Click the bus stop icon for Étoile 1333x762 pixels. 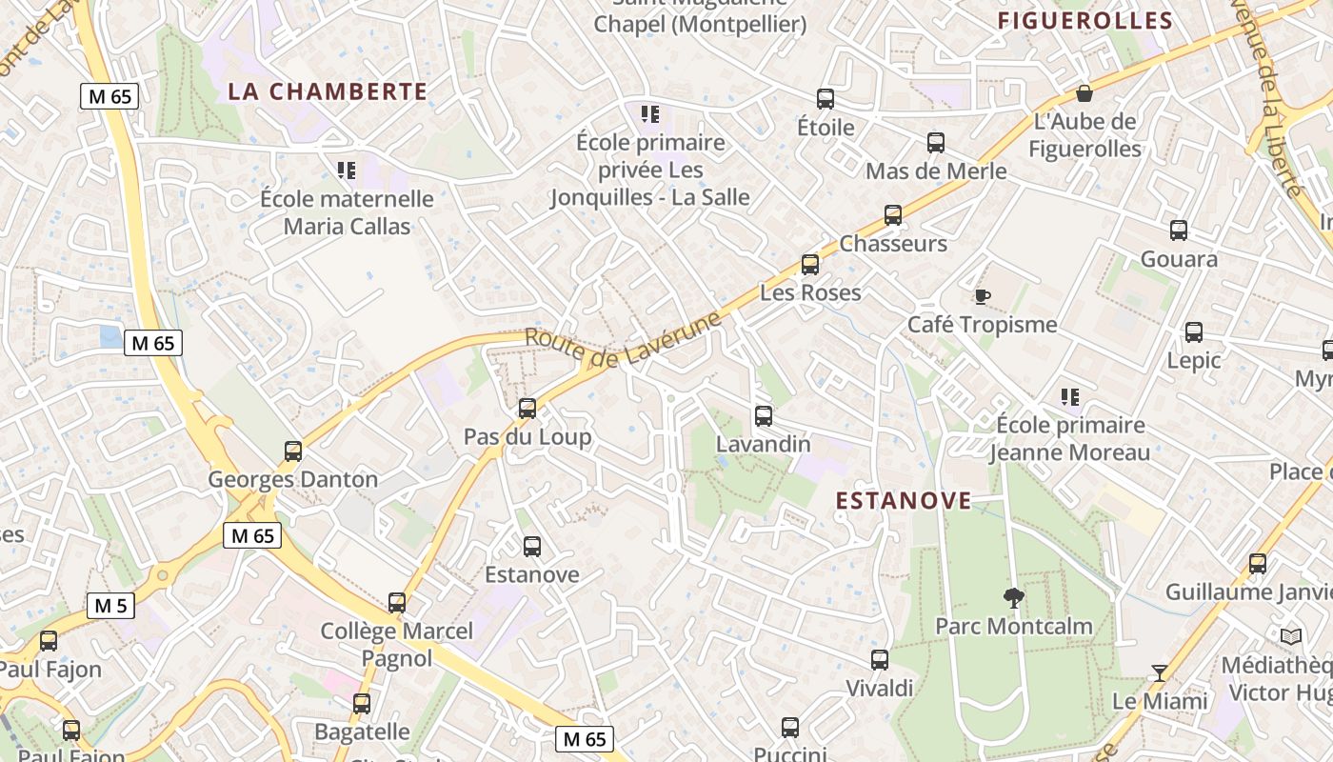click(826, 98)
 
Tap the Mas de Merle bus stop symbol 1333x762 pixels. click(936, 143)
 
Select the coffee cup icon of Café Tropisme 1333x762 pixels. click(983, 296)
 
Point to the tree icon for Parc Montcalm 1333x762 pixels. click(1014, 597)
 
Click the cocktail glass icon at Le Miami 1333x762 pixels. click(1159, 673)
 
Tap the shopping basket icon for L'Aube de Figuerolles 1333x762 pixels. click(1084, 93)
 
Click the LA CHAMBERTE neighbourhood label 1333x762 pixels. click(328, 91)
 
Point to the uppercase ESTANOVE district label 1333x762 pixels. click(904, 500)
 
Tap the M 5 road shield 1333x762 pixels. click(110, 605)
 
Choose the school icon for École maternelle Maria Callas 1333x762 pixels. click(347, 170)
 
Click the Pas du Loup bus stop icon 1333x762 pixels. click(527, 409)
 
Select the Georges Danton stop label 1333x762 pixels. click(293, 479)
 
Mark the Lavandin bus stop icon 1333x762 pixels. click(764, 415)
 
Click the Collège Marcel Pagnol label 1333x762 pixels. click(396, 644)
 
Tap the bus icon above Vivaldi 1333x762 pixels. click(880, 659)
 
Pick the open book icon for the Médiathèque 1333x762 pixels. click(1291, 636)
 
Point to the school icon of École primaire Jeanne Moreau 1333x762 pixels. click(1070, 396)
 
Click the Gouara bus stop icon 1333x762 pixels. click(1179, 231)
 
